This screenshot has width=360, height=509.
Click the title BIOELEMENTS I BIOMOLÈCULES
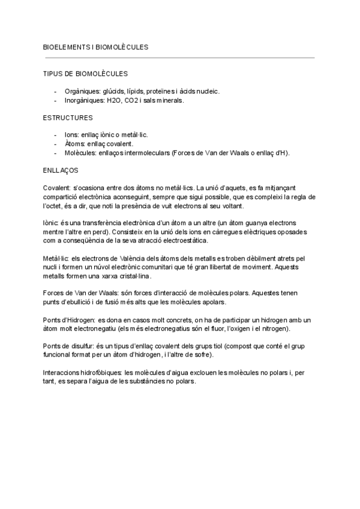pyautogui.click(x=96, y=46)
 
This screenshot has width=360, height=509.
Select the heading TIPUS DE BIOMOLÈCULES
pyautogui.click(x=86, y=74)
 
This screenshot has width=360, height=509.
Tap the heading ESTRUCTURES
pyautogui.click(x=68, y=118)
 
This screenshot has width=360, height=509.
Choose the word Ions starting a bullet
pyautogui.click(x=71, y=135)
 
